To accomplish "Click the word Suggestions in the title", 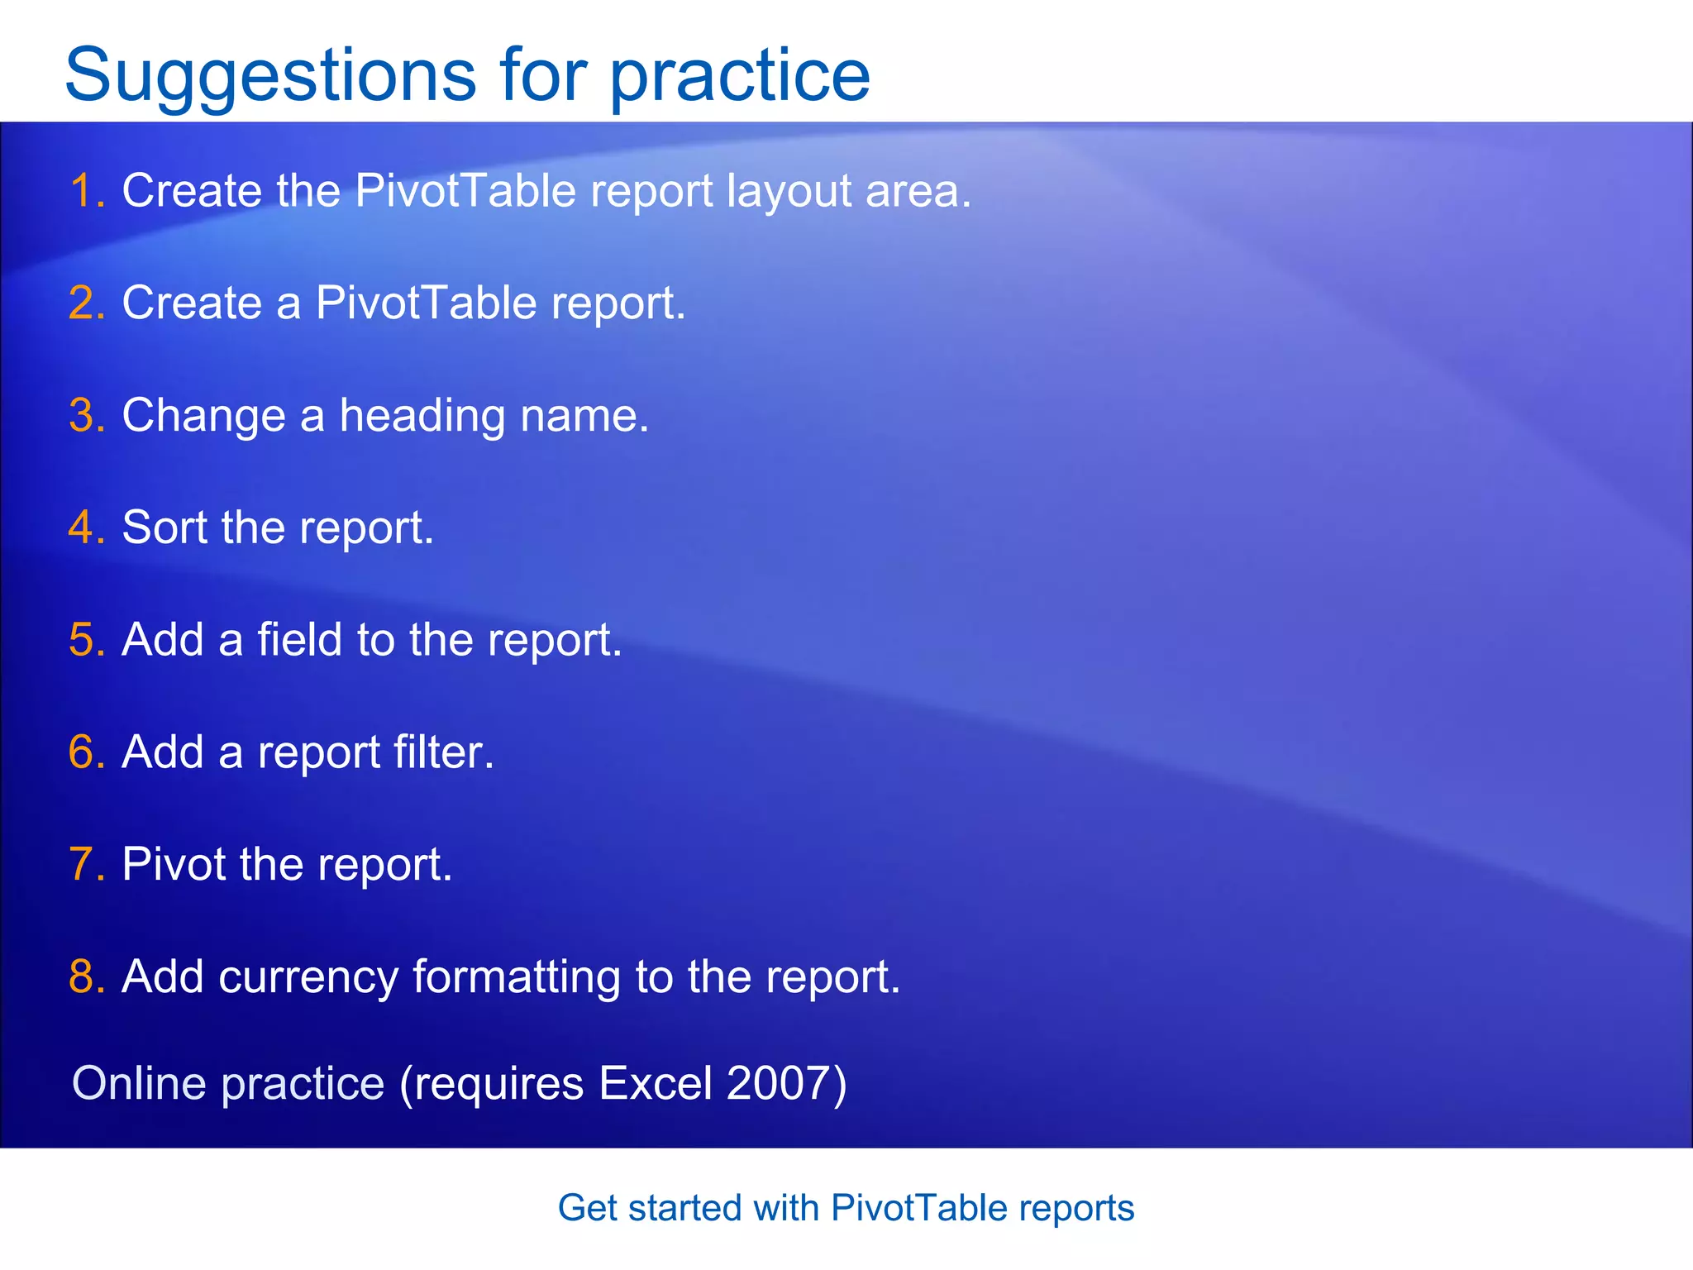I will pyautogui.click(x=269, y=76).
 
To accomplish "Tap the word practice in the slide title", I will pyautogui.click(x=740, y=76).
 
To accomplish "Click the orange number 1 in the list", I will pyautogui.click(x=82, y=191).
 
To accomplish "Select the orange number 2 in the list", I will pyautogui.click(x=83, y=303).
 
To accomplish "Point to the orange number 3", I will pyautogui.click(x=83, y=415).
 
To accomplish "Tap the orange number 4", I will pyautogui.click(x=83, y=528).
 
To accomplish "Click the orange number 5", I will pyautogui.click(x=83, y=640).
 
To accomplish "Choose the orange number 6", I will pyautogui.click(x=83, y=752).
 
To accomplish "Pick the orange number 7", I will pyautogui.click(x=83, y=865).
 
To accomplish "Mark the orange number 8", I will pyautogui.click(x=83, y=977).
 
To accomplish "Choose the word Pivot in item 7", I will pyautogui.click(x=174, y=865).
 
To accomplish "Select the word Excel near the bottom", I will pyautogui.click(x=655, y=1083).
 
